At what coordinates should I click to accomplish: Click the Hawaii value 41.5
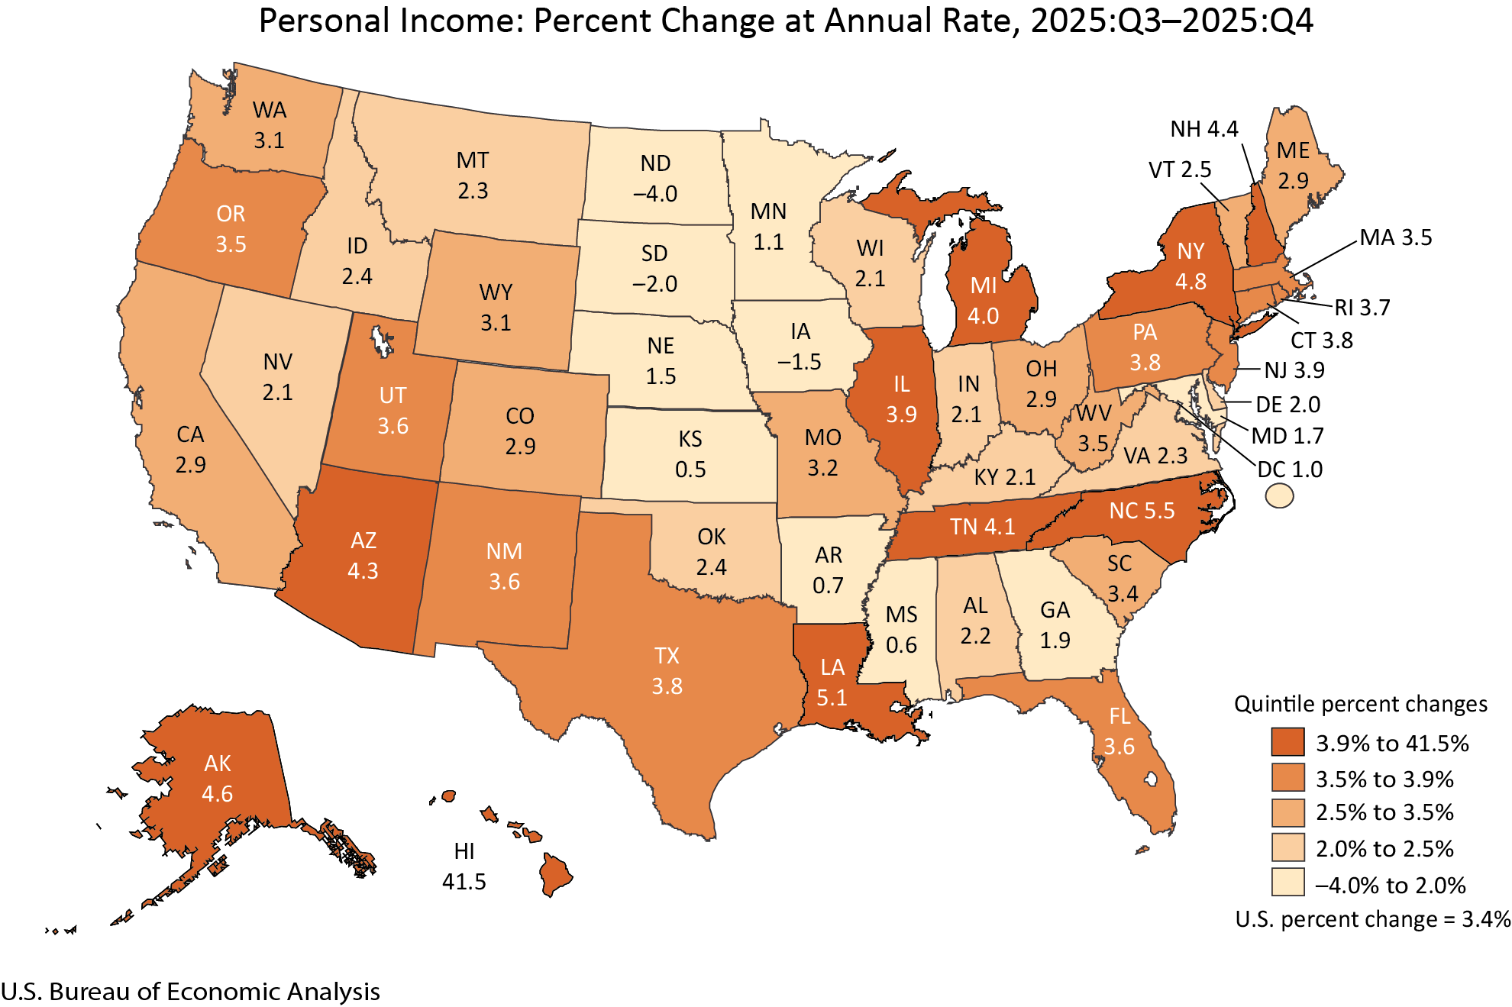coord(464,881)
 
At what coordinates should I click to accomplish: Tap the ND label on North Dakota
coord(655,163)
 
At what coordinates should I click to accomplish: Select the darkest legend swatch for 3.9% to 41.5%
coord(1287,742)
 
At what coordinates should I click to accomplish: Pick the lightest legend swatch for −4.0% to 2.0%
coord(1287,883)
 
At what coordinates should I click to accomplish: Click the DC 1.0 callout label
coord(1290,469)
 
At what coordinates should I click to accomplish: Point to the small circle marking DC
coord(1279,496)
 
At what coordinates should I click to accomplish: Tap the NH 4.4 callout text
coord(1203,129)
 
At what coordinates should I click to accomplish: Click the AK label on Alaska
coord(218,763)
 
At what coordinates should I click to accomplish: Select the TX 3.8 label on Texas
coord(667,671)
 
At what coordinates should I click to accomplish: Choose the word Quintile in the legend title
coord(1268,704)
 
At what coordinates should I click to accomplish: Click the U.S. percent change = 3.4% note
coord(1372,919)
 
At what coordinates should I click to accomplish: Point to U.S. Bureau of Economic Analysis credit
coord(190,991)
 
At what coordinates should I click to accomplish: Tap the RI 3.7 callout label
coord(1362,308)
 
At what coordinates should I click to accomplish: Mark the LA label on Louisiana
coord(832,667)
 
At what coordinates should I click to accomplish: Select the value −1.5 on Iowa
coord(800,361)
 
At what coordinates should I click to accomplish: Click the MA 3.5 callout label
coord(1395,237)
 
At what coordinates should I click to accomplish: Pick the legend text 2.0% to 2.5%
coord(1384,848)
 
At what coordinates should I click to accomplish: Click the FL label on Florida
coord(1119,716)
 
